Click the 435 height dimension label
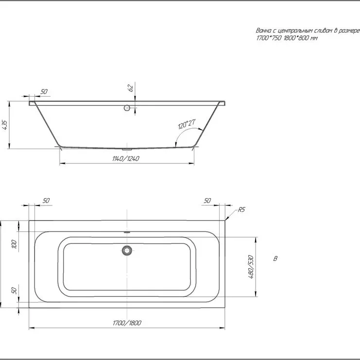point(5,125)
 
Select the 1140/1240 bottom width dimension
point(126,159)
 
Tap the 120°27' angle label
point(187,124)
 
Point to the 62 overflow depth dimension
point(131,88)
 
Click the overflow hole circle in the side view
point(127,108)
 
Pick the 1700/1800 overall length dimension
point(127,323)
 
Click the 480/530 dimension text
point(251,267)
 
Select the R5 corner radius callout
point(241,209)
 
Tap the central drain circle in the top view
point(127,250)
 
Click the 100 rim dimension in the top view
point(14,244)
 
